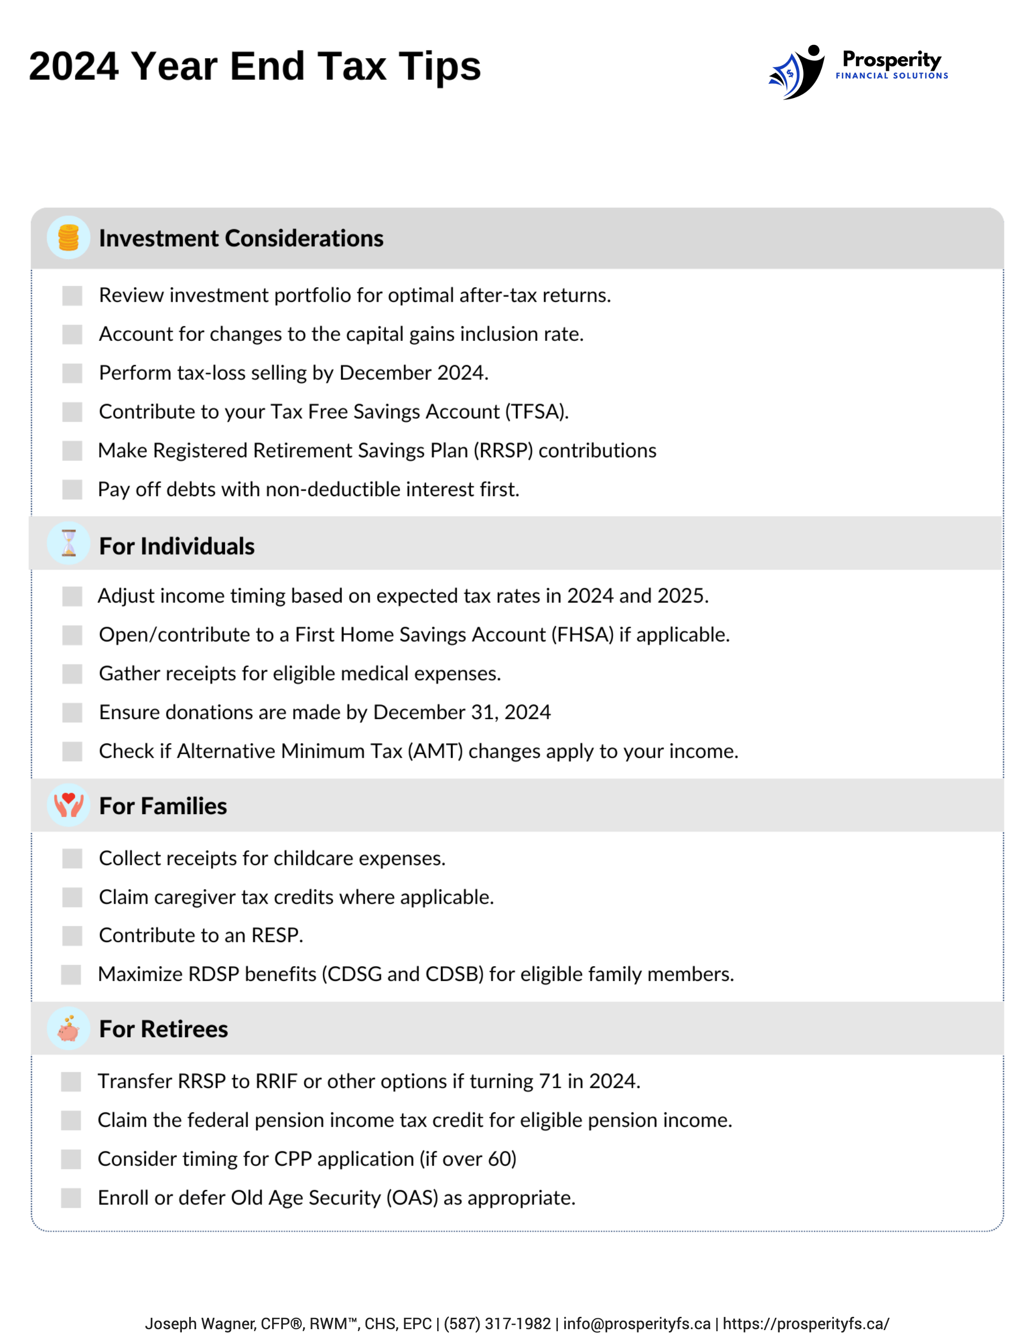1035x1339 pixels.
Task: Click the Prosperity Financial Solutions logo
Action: click(x=858, y=71)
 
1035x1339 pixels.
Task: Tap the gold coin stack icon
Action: click(x=69, y=238)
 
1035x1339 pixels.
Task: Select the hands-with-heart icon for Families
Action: click(x=69, y=805)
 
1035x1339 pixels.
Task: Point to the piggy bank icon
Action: click(x=69, y=1028)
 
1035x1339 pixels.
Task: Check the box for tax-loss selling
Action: click(x=72, y=373)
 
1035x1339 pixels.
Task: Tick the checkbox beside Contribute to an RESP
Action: click(x=72, y=936)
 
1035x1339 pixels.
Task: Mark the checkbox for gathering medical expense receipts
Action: click(x=72, y=674)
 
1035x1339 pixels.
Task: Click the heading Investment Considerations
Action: click(x=241, y=238)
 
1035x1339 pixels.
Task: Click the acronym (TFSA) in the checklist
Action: click(x=536, y=411)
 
